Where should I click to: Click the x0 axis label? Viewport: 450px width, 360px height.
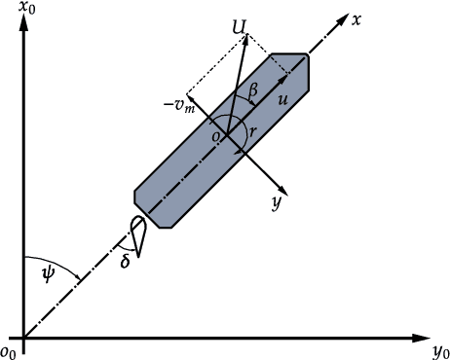pos(27,7)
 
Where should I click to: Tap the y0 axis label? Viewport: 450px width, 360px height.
pos(441,352)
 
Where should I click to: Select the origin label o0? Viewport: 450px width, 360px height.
pos(8,352)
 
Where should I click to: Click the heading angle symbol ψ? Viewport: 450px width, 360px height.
pos(49,274)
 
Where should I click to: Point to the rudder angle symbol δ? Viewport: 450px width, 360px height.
pos(126,260)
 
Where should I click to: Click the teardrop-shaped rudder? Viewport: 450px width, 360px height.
pos(138,235)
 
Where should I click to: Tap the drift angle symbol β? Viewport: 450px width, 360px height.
pos(253,90)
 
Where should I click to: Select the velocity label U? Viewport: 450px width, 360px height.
pos(240,27)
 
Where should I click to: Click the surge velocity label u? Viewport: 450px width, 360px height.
pos(282,99)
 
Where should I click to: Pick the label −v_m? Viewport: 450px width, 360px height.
pos(179,106)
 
